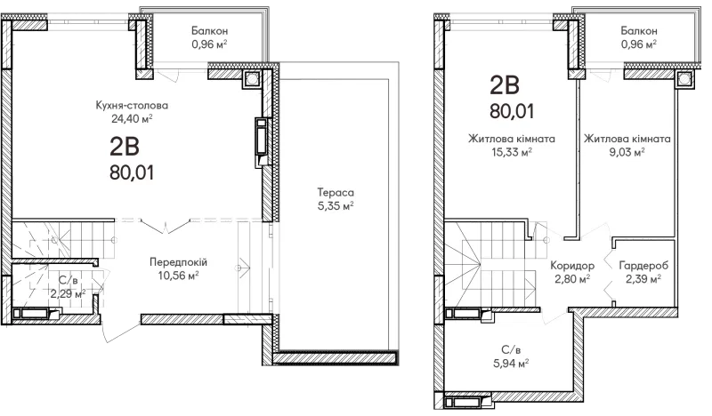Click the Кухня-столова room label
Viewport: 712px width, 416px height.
click(132, 105)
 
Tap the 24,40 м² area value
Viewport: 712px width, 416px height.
click(132, 119)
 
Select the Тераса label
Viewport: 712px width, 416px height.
click(336, 192)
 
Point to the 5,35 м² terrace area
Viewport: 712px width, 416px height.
click(336, 206)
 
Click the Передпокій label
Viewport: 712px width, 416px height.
click(179, 262)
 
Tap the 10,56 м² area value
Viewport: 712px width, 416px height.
click(179, 276)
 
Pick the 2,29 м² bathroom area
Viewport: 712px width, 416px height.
click(69, 294)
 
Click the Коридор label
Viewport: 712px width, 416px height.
click(572, 266)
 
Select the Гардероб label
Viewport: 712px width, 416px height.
click(643, 266)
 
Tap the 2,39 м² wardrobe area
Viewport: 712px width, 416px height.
click(643, 279)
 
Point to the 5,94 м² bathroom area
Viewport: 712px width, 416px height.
click(511, 364)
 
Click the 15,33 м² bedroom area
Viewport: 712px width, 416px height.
click(512, 152)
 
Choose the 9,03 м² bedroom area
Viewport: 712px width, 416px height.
click(627, 152)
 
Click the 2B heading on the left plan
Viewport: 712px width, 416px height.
click(125, 147)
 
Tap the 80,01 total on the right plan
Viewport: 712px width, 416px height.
click(512, 111)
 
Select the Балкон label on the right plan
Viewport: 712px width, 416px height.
click(639, 31)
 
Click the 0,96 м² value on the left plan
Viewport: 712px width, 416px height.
click(209, 44)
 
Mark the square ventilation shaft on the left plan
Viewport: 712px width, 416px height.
click(251, 80)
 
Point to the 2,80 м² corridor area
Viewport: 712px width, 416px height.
click(572, 279)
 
